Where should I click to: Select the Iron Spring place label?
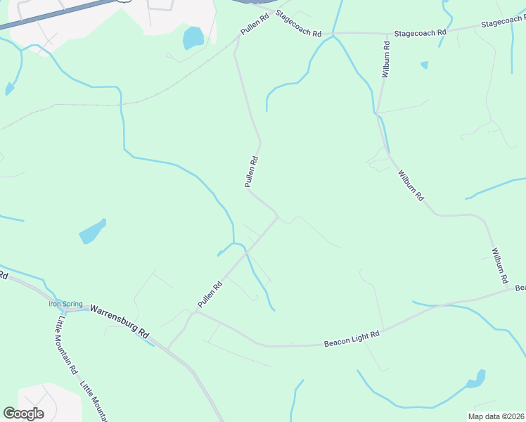click(x=65, y=304)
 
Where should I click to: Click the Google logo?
click(x=23, y=413)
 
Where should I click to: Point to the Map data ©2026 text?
click(x=495, y=416)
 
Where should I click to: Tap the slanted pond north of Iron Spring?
click(x=92, y=231)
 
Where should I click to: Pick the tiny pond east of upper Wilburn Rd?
click(x=424, y=65)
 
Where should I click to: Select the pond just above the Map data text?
click(x=477, y=379)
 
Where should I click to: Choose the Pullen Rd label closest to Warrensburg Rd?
click(x=210, y=294)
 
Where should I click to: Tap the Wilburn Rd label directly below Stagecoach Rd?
click(x=385, y=59)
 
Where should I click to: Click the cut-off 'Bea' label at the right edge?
click(x=520, y=288)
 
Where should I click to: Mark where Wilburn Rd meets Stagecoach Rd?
click(x=387, y=33)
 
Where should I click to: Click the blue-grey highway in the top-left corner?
click(x=56, y=13)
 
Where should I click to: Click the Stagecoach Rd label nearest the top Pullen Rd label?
click(x=298, y=25)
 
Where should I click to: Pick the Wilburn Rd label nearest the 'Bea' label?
click(x=499, y=265)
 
